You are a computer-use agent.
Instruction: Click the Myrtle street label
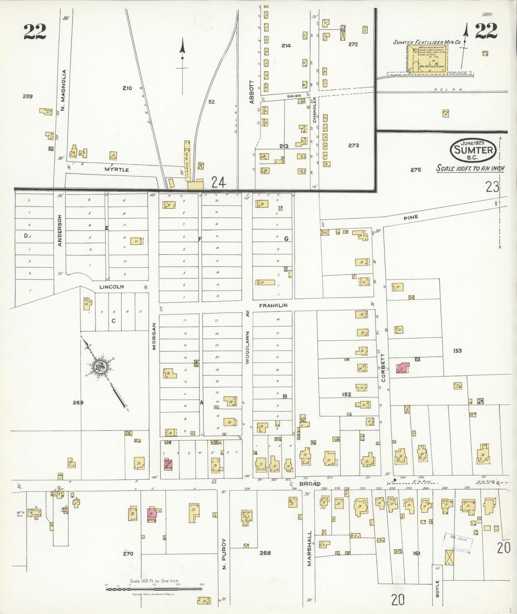pos(117,169)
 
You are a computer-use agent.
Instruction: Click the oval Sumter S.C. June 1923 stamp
pos(473,150)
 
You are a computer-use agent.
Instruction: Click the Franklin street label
pos(273,305)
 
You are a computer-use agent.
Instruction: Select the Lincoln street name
pos(111,287)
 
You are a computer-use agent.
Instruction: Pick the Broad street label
pos(310,484)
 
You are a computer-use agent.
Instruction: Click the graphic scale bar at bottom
pos(154,589)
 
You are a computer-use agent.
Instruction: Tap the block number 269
pos(78,402)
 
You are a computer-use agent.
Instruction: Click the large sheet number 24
pos(219,183)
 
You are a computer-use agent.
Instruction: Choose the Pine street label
pos(411,217)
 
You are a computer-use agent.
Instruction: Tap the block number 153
pos(457,351)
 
